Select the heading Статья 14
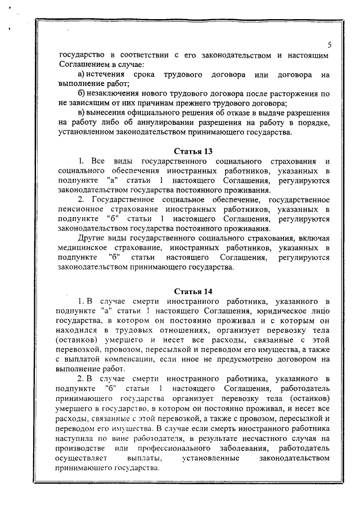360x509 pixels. (x=192, y=291)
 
